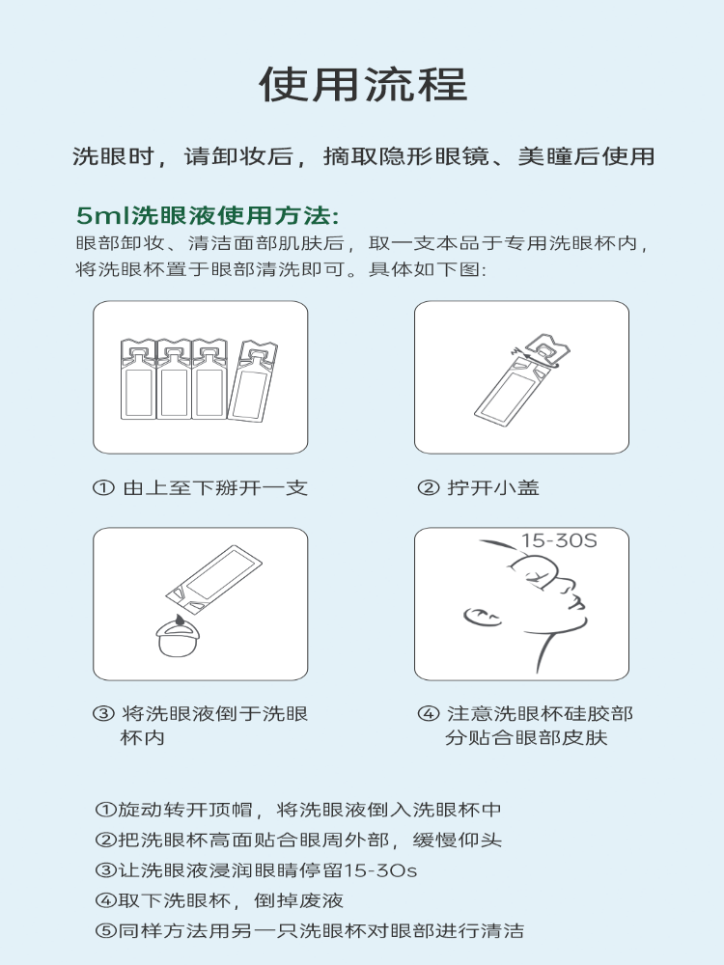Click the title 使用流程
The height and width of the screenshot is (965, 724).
coord(363,84)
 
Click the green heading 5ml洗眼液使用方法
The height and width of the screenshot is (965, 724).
coord(208,215)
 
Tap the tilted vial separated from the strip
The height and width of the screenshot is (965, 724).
coord(252,381)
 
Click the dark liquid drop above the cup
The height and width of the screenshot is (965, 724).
coord(180,620)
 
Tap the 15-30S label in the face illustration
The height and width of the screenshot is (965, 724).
coord(559,540)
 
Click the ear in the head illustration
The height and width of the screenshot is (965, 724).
coord(481,616)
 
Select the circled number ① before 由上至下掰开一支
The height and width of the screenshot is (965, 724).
coord(103,488)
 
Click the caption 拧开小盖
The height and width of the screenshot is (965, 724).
coord(492,488)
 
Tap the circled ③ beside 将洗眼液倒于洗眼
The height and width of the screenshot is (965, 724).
coord(103,714)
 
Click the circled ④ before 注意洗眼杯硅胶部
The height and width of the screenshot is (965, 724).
coord(429,714)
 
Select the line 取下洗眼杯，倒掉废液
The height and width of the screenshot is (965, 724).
coord(220,900)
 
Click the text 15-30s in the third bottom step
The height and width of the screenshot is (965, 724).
coord(379,870)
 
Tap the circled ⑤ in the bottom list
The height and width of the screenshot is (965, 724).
coord(106,930)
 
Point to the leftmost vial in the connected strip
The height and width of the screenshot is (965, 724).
coord(138,379)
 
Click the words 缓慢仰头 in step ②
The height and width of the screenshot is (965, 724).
coord(458,841)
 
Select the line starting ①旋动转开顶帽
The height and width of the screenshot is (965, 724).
coord(298,810)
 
